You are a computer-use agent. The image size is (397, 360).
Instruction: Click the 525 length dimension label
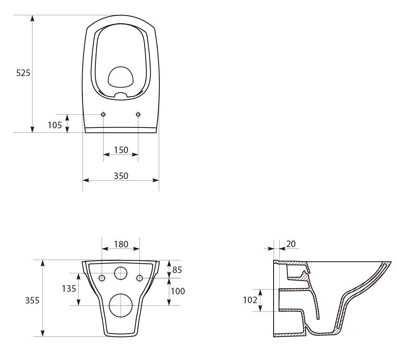(x=23, y=73)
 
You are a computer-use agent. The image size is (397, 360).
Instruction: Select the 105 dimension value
(x=55, y=125)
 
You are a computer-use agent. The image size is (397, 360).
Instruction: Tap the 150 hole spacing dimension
(x=121, y=150)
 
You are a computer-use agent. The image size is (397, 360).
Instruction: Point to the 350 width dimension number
(x=121, y=176)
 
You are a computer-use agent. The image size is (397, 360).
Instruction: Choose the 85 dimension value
(x=177, y=270)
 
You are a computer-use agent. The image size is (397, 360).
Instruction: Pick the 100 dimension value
(x=178, y=291)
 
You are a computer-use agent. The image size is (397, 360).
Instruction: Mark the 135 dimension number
(x=69, y=289)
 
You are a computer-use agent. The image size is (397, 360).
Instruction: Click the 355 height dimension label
(x=32, y=300)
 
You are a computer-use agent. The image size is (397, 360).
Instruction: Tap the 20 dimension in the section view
(x=291, y=244)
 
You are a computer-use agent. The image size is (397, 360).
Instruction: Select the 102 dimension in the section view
(x=250, y=300)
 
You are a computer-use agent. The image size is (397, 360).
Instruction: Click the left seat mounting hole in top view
(x=103, y=115)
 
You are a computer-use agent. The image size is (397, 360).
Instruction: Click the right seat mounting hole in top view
(x=138, y=115)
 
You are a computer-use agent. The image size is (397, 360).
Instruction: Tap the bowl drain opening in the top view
(x=121, y=77)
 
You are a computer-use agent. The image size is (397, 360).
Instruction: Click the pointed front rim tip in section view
(x=391, y=263)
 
